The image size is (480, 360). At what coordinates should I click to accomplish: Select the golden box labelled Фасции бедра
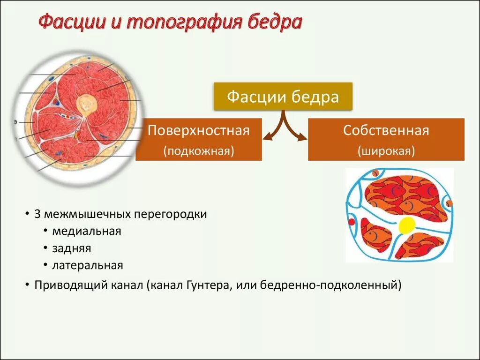pos(283,97)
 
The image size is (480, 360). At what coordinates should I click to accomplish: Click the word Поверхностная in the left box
pos(198,130)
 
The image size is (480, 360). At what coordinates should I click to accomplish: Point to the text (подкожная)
pos(198,151)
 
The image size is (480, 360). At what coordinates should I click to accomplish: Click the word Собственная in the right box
pos(386,130)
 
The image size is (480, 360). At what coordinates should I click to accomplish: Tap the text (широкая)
pos(386,151)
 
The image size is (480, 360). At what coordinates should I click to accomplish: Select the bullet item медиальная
pos(87,231)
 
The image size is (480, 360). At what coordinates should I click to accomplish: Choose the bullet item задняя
pos(72,248)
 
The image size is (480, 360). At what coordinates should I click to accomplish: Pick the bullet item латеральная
pos(88,265)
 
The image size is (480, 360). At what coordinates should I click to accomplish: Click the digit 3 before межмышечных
pos(37,214)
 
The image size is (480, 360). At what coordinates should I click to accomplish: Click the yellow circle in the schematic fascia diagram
pos(406,225)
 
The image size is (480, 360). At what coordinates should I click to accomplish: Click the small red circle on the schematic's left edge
pos(351,221)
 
